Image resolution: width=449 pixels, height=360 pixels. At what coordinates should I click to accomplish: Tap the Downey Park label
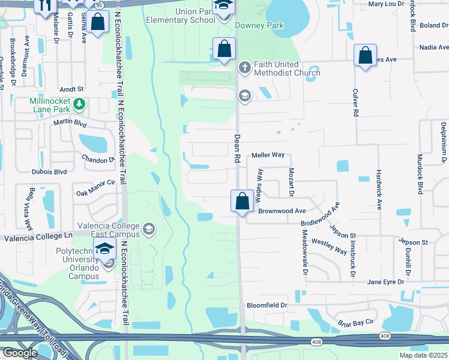click(x=259, y=26)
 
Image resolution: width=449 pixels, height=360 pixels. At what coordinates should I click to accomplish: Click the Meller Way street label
click(x=268, y=155)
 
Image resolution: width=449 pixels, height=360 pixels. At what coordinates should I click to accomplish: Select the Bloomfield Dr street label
click(x=268, y=305)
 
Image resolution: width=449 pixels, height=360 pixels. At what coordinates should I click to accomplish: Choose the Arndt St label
click(x=71, y=88)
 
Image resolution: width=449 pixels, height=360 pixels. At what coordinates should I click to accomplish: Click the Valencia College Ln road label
click(x=38, y=238)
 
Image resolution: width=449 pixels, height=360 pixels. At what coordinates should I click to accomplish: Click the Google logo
click(x=20, y=353)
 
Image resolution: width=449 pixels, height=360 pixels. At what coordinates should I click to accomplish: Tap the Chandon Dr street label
click(x=98, y=160)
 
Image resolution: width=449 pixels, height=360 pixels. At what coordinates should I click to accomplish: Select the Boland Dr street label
click(x=435, y=26)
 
